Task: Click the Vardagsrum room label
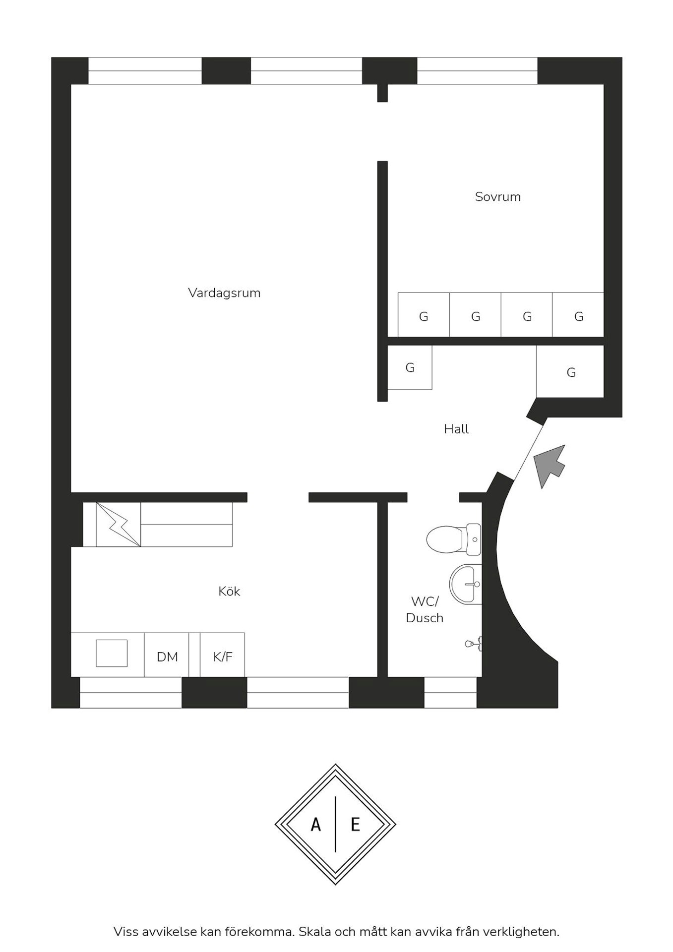[224, 293]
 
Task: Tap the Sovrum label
[498, 197]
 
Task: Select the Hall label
[456, 429]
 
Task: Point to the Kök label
[229, 591]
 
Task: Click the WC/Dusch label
[425, 610]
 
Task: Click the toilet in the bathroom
[453, 539]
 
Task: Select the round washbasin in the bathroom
[465, 584]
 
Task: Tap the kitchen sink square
[112, 653]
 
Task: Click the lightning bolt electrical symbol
[118, 525]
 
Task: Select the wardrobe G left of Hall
[410, 367]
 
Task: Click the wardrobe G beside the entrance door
[570, 372]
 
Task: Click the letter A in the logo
[315, 825]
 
